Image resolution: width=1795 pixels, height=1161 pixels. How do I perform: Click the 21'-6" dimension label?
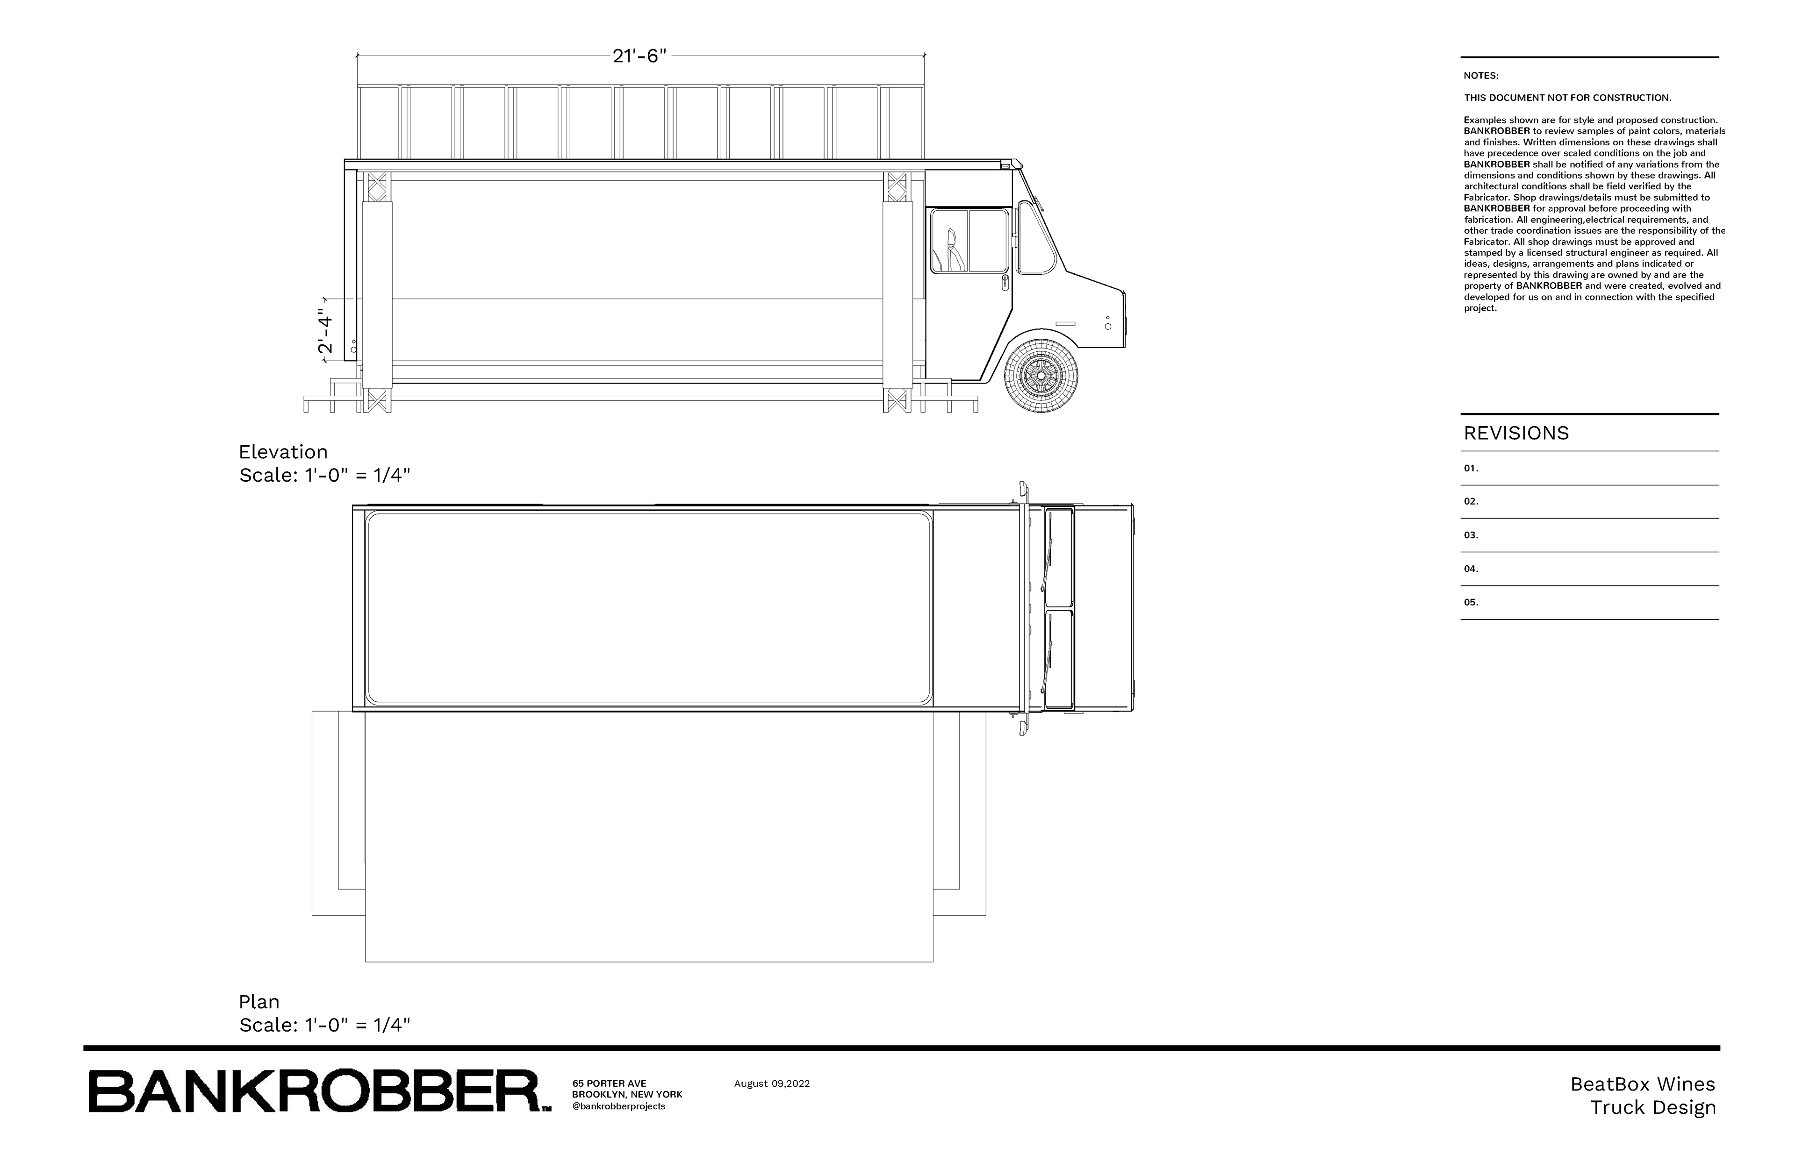(639, 56)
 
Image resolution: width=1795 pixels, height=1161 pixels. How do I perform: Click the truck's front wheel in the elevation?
(1041, 375)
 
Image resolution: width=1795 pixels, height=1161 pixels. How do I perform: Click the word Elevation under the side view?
(283, 452)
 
